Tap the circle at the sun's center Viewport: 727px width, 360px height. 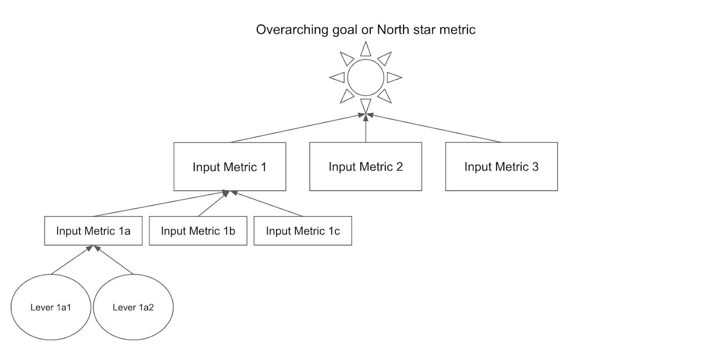366,77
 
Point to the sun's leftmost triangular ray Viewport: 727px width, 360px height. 339,77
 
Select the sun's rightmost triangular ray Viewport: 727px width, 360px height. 393,77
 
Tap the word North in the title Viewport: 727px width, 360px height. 393,30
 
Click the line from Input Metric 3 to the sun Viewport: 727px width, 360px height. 436,129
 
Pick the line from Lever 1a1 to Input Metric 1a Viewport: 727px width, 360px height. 71,260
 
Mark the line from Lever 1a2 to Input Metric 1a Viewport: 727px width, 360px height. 114,260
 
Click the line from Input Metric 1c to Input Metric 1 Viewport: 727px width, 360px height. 268,204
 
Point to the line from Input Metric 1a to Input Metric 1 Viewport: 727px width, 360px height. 159,204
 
